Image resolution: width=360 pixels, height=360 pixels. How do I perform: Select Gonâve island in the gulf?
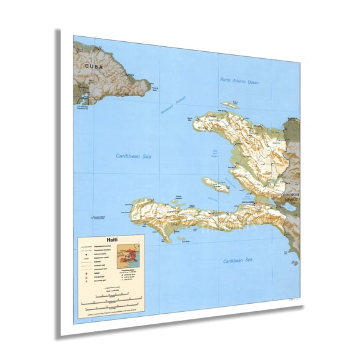click(x=215, y=183)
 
